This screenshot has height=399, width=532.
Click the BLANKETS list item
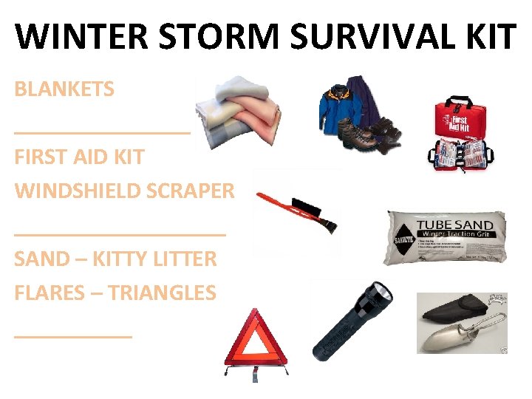[x=64, y=89]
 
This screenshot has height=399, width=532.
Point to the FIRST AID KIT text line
[x=79, y=157]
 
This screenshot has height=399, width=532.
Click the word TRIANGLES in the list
[x=162, y=293]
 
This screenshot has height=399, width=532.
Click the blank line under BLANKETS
[x=102, y=132]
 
